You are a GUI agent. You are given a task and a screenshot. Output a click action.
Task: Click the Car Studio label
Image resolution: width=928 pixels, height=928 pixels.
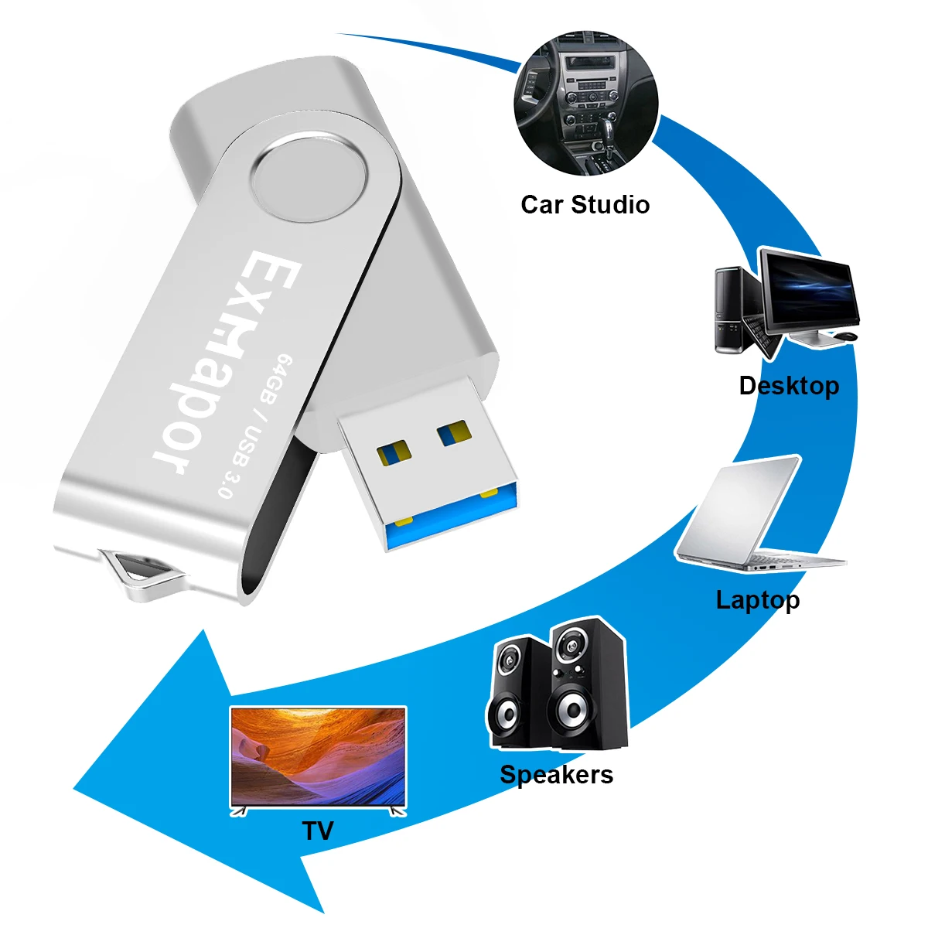[585, 205]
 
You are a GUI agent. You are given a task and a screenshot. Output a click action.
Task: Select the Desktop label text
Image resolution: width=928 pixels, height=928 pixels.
[789, 385]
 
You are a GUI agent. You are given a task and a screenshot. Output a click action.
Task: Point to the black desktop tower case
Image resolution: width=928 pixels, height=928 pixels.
[729, 309]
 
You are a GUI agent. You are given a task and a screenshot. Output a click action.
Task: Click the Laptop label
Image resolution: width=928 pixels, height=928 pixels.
[758, 600]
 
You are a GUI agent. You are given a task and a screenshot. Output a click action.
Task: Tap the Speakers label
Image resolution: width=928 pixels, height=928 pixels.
[556, 775]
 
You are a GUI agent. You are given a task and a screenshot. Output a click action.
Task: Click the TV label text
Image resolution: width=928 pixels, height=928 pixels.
[317, 831]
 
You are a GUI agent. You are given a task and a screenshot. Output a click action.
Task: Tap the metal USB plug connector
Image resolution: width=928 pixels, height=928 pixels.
[425, 464]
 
